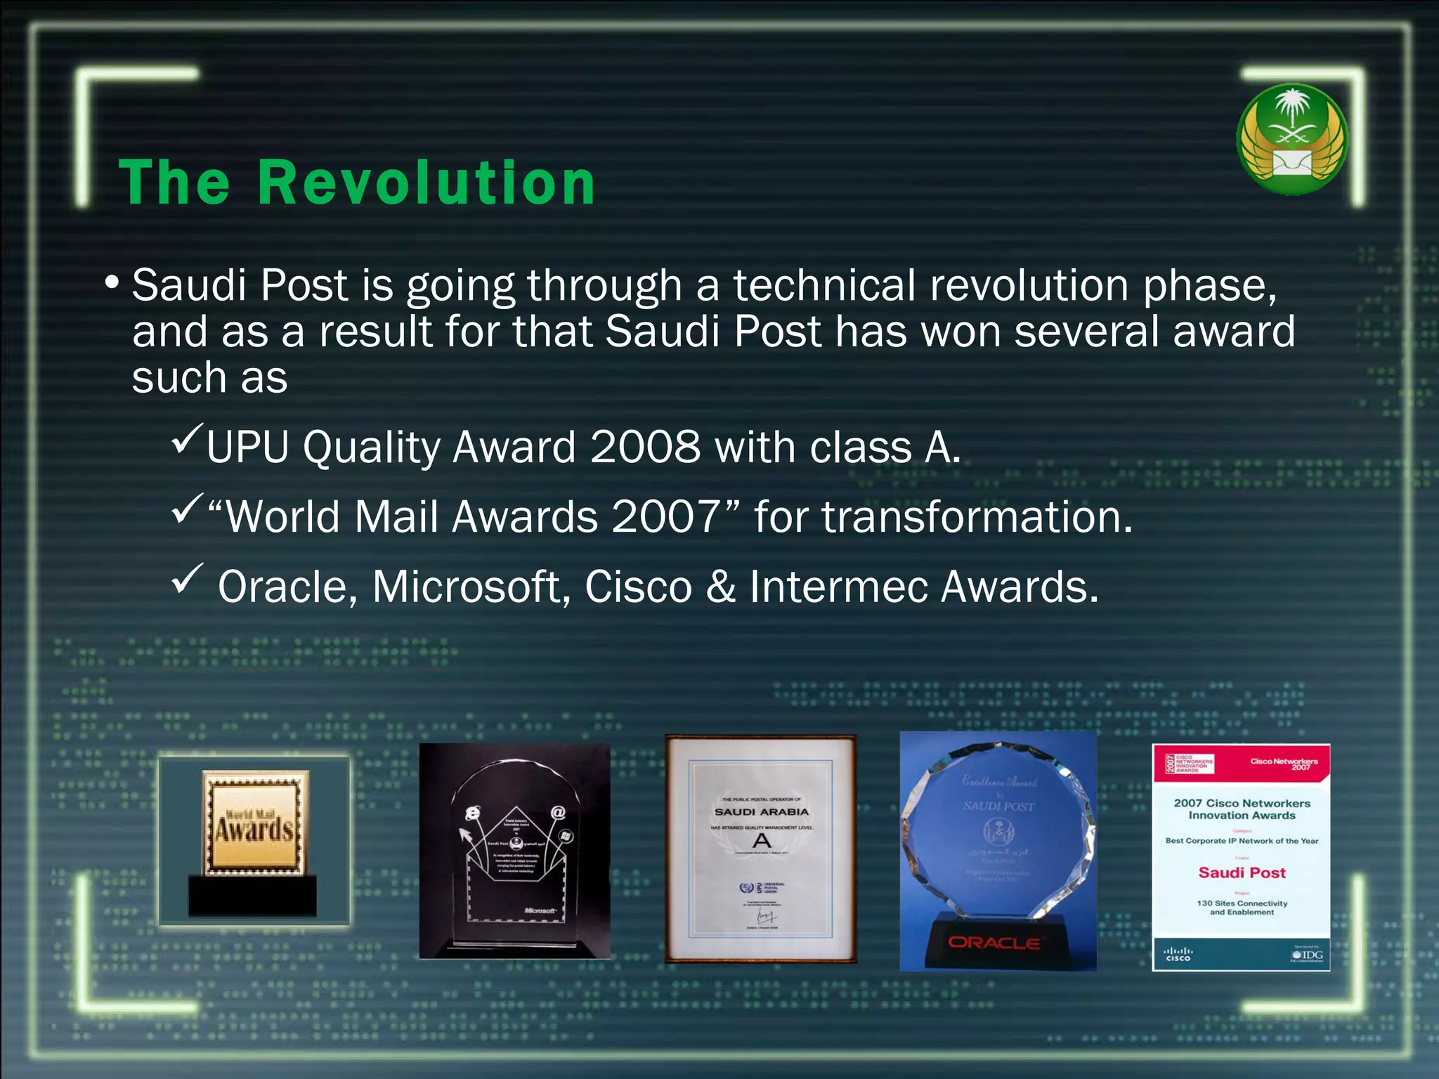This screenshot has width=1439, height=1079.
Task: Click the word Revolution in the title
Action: (x=427, y=183)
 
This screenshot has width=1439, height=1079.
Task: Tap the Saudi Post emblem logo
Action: (x=1291, y=139)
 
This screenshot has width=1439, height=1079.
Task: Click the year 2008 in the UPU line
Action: (x=645, y=447)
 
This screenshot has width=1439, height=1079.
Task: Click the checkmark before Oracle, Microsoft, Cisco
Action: (x=187, y=579)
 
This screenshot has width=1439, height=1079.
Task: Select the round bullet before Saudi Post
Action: (x=112, y=283)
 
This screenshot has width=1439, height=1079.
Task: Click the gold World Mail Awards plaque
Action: (x=255, y=823)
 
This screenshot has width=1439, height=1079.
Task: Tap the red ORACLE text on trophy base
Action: (x=994, y=943)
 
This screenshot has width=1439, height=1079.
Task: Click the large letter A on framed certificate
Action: (x=762, y=840)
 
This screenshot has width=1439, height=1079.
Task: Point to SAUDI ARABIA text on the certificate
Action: (x=762, y=812)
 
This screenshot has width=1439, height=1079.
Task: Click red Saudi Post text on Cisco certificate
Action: (x=1242, y=872)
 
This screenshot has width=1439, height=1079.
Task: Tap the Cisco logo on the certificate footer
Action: (x=1178, y=955)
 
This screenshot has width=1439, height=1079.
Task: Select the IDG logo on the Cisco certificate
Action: (x=1308, y=955)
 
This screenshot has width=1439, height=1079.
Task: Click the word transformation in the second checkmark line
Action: (x=977, y=517)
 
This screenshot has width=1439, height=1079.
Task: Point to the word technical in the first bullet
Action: (x=824, y=286)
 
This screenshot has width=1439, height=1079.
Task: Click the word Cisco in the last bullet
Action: (x=638, y=587)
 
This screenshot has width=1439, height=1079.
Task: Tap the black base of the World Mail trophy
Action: (x=252, y=895)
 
